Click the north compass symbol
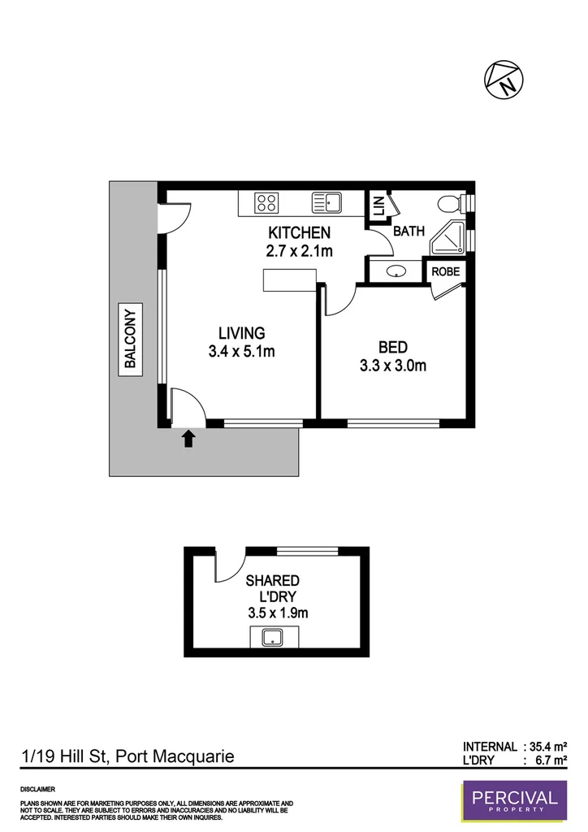504,79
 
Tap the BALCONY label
130,337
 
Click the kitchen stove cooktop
266,201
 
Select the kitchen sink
327,201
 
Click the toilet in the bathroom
448,203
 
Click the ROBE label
447,272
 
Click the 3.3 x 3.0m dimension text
393,366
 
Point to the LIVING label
241,333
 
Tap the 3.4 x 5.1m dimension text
241,352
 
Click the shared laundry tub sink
271,639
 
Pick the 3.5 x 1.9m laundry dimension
272,613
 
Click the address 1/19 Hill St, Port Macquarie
128,756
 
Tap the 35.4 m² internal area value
548,746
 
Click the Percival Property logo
509,803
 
